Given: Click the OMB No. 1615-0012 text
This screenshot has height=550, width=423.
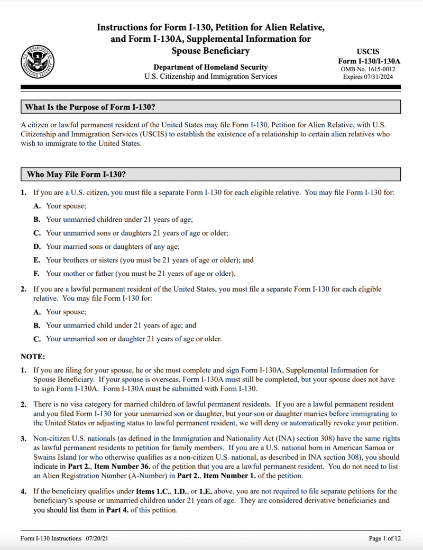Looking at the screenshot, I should (x=369, y=69).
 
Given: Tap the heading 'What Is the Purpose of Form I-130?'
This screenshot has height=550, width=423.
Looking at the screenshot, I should (x=90, y=107).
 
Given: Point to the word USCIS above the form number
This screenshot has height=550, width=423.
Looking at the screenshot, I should (x=369, y=52).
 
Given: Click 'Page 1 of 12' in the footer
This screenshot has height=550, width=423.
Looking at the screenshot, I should (x=385, y=538).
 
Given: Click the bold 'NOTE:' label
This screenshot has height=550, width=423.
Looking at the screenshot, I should (x=33, y=357).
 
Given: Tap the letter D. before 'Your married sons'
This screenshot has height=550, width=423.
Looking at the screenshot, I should (x=37, y=246).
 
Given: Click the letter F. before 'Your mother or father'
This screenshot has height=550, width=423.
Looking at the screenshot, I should (x=36, y=274).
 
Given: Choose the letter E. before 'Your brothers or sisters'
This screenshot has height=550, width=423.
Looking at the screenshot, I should (x=37, y=260).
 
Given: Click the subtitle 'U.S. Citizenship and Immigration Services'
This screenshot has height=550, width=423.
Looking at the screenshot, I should (x=210, y=77).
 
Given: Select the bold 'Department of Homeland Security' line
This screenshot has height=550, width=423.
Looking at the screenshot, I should (x=210, y=68).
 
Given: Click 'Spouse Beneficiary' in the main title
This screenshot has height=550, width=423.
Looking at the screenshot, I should (x=210, y=51).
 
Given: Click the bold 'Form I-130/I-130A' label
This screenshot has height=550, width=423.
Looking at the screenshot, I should (x=369, y=61).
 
